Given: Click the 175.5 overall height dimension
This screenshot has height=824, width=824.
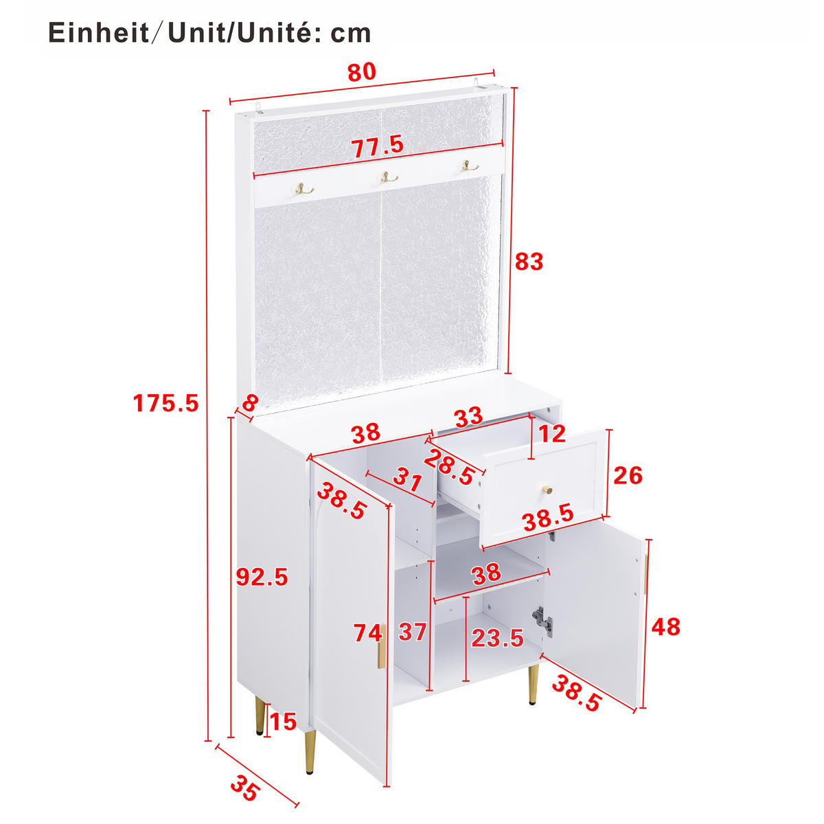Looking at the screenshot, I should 165,403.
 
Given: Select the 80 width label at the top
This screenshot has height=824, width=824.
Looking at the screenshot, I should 362,71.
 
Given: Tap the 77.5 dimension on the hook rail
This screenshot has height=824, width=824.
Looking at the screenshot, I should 377,146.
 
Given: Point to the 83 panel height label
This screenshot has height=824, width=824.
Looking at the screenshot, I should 529,262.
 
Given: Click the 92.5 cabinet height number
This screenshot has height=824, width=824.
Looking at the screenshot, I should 262,577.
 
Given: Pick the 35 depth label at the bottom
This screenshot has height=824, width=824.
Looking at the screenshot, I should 244,788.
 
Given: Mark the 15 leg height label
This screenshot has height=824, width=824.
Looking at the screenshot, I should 283,722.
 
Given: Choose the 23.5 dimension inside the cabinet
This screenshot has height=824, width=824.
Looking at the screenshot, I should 497,639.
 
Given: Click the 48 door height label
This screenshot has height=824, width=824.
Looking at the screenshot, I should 665,626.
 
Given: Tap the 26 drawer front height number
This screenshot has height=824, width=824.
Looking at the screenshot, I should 628,475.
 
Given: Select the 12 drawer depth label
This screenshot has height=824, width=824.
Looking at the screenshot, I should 551,433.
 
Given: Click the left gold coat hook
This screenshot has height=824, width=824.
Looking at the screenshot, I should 304,189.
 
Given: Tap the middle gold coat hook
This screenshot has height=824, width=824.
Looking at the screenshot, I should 389,178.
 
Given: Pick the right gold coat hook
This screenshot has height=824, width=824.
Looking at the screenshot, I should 470,166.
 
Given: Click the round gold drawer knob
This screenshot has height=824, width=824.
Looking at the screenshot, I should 548,490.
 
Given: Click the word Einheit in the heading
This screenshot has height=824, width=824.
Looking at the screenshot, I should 98,33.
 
